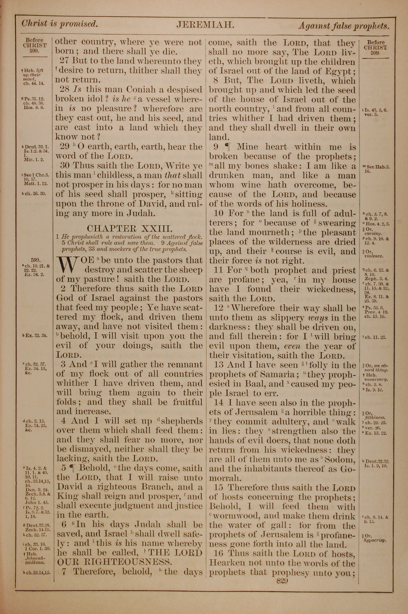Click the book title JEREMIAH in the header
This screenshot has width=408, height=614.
(x=206, y=25)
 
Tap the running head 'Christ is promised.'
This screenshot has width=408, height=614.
(x=60, y=24)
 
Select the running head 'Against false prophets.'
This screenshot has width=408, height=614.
(x=344, y=26)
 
